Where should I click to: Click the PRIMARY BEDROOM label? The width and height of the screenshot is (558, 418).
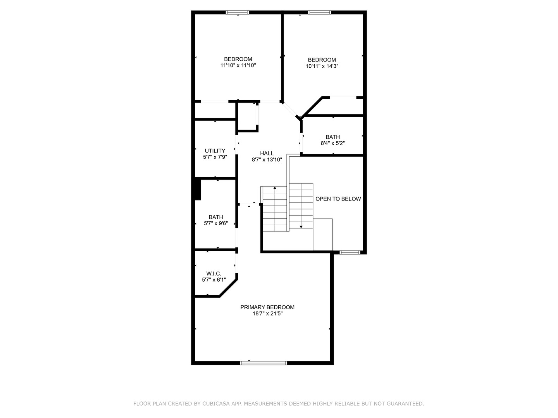[x=267, y=307]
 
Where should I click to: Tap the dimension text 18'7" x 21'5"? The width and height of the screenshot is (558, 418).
[x=267, y=314]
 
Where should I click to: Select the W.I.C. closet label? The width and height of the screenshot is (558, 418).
[x=214, y=273]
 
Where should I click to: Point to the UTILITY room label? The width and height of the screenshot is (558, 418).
[x=215, y=151]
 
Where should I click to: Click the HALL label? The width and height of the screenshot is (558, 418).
[x=267, y=153]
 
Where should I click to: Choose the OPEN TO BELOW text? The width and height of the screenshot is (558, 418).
[x=338, y=199]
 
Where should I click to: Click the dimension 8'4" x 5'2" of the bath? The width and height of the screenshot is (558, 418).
[x=332, y=143]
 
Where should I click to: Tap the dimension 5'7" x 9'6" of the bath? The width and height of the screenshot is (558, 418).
[x=216, y=223]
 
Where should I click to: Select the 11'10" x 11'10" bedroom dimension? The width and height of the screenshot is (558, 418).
[x=238, y=65]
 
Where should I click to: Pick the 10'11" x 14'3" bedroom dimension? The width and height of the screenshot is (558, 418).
[x=322, y=66]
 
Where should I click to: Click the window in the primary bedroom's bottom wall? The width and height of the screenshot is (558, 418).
[x=263, y=363]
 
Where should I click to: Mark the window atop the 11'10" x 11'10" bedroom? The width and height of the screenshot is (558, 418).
[x=238, y=13]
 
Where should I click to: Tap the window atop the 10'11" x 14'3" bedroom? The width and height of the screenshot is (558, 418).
[x=320, y=13]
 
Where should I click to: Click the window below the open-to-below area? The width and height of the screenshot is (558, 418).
[x=350, y=253]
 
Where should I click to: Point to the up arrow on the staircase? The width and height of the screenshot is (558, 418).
[x=275, y=188]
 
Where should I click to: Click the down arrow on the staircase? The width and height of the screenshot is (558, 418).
[x=301, y=226]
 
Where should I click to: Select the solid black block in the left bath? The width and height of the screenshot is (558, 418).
[x=198, y=190]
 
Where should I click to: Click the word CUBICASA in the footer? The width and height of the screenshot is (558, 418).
[x=216, y=404]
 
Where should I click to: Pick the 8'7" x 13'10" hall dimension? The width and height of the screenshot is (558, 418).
[x=267, y=159]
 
